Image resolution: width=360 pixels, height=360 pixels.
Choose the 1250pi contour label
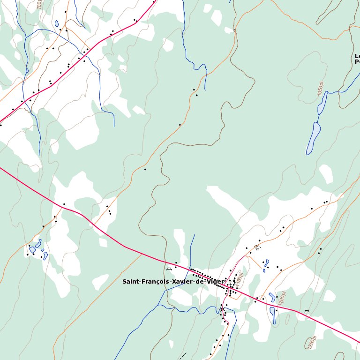tap(312, 342)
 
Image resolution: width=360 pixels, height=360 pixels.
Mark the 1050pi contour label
tap(321, 89)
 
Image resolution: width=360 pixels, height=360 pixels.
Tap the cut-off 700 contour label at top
tap(39, 4)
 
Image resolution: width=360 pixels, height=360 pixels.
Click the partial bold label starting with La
tap(357, 59)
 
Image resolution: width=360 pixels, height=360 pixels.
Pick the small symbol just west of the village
tap(169, 269)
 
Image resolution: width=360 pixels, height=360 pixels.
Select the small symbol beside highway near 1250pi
tap(307, 311)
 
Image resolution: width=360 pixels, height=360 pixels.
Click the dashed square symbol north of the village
tap(257, 247)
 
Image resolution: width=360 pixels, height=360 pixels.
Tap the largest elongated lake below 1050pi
tap(313, 138)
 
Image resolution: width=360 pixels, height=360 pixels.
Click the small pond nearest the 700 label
tap(57, 23)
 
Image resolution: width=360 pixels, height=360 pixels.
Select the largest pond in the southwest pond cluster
tap(32, 250)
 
